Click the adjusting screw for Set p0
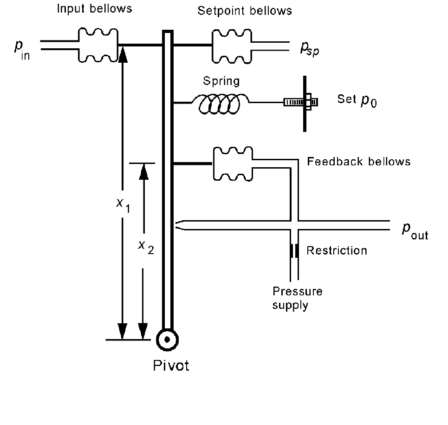(301, 102)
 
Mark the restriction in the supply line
(294, 251)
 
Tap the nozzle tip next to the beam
(175, 225)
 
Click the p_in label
(22, 50)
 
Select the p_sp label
(310, 49)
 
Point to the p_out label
(415, 231)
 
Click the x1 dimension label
(123, 205)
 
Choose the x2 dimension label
(146, 247)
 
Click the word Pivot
(171, 366)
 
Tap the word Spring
(221, 81)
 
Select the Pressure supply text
(298, 298)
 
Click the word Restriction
(337, 251)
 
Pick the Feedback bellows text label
(358, 162)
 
